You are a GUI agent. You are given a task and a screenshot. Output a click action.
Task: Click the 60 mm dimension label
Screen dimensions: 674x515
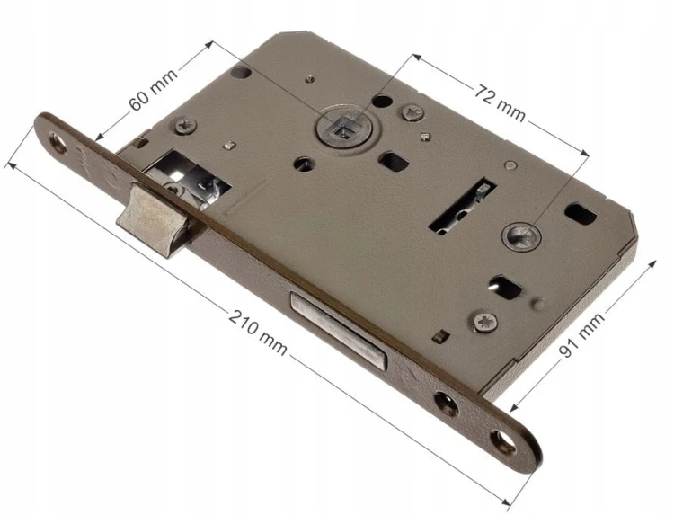[x=153, y=89]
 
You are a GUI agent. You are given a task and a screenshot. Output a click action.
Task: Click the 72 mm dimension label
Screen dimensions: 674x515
[x=500, y=102]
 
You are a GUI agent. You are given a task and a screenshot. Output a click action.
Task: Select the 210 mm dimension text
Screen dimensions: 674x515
[x=258, y=333]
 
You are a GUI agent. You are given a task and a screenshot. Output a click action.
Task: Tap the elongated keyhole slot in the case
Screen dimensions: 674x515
[x=463, y=208]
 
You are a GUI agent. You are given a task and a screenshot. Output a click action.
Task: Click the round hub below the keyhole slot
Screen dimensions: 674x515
[x=521, y=236]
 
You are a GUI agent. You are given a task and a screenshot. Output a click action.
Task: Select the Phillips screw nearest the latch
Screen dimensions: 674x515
[x=186, y=126]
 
